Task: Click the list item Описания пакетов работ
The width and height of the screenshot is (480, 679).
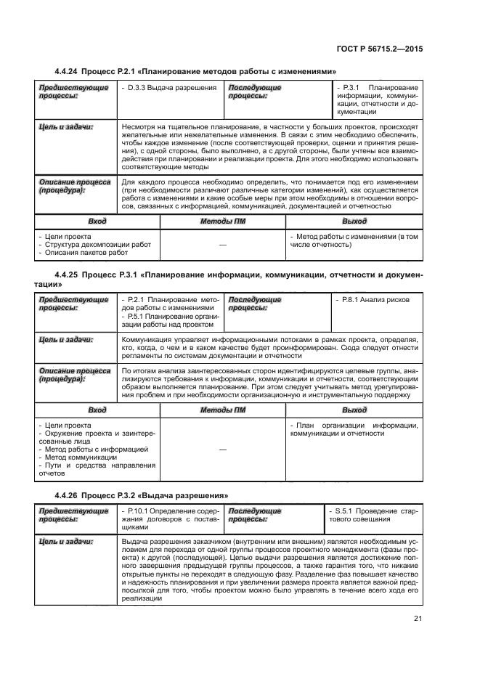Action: tap(86, 253)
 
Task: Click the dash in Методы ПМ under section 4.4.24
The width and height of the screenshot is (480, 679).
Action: tap(222, 245)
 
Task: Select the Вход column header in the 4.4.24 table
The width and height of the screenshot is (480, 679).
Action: tap(97, 221)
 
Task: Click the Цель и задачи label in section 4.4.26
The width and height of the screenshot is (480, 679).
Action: tap(65, 542)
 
